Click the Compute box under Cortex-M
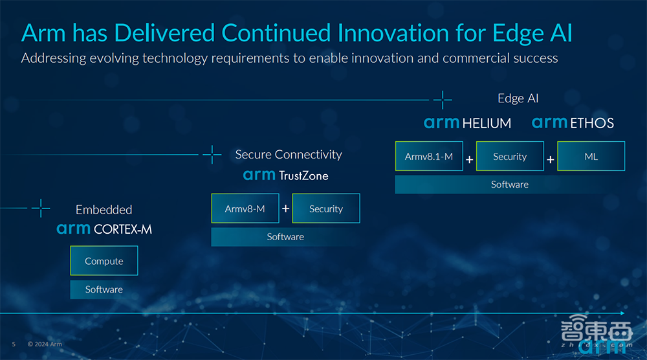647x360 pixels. point(104,261)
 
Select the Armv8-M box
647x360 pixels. point(245,208)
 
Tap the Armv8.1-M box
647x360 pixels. point(429,156)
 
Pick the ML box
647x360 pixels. point(591,156)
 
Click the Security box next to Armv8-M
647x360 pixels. point(326,208)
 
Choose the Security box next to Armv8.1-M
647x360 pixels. point(510,156)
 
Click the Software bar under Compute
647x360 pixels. point(104,289)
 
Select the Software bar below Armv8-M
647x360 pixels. point(285,237)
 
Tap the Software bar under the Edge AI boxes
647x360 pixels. point(510,185)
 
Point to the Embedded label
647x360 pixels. point(104,210)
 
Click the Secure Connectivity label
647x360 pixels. point(289,155)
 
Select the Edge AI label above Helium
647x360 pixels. point(518,98)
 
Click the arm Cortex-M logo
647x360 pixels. point(104,229)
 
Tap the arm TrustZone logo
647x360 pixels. point(285,175)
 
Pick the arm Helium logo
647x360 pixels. point(467,123)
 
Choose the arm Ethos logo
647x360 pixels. point(573,123)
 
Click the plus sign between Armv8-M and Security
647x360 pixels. point(285,209)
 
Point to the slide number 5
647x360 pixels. point(14,344)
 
